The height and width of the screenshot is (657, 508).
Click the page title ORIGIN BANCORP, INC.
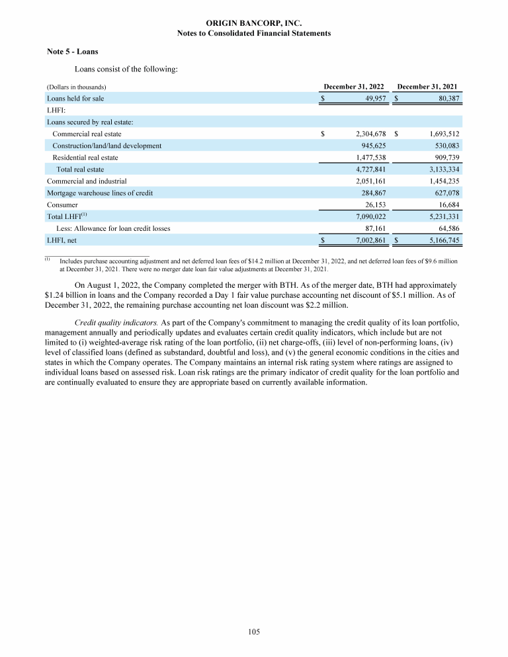pos(254,23)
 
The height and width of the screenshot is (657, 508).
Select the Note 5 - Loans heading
pos(73,52)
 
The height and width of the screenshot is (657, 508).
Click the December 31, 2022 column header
pos(355,87)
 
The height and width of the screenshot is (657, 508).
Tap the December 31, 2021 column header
pos(427,87)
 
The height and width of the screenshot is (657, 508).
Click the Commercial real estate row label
pos(87,134)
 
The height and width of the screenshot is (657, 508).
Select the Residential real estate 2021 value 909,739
pos(444,157)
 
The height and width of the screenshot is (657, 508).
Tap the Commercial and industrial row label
pos(87,181)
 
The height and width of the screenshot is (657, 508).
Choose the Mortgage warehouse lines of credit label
pos(99,193)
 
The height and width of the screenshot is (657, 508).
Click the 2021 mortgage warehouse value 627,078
pos(444,193)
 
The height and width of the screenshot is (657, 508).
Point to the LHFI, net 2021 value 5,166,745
pos(443,240)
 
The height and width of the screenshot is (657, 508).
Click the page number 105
pos(254,632)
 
